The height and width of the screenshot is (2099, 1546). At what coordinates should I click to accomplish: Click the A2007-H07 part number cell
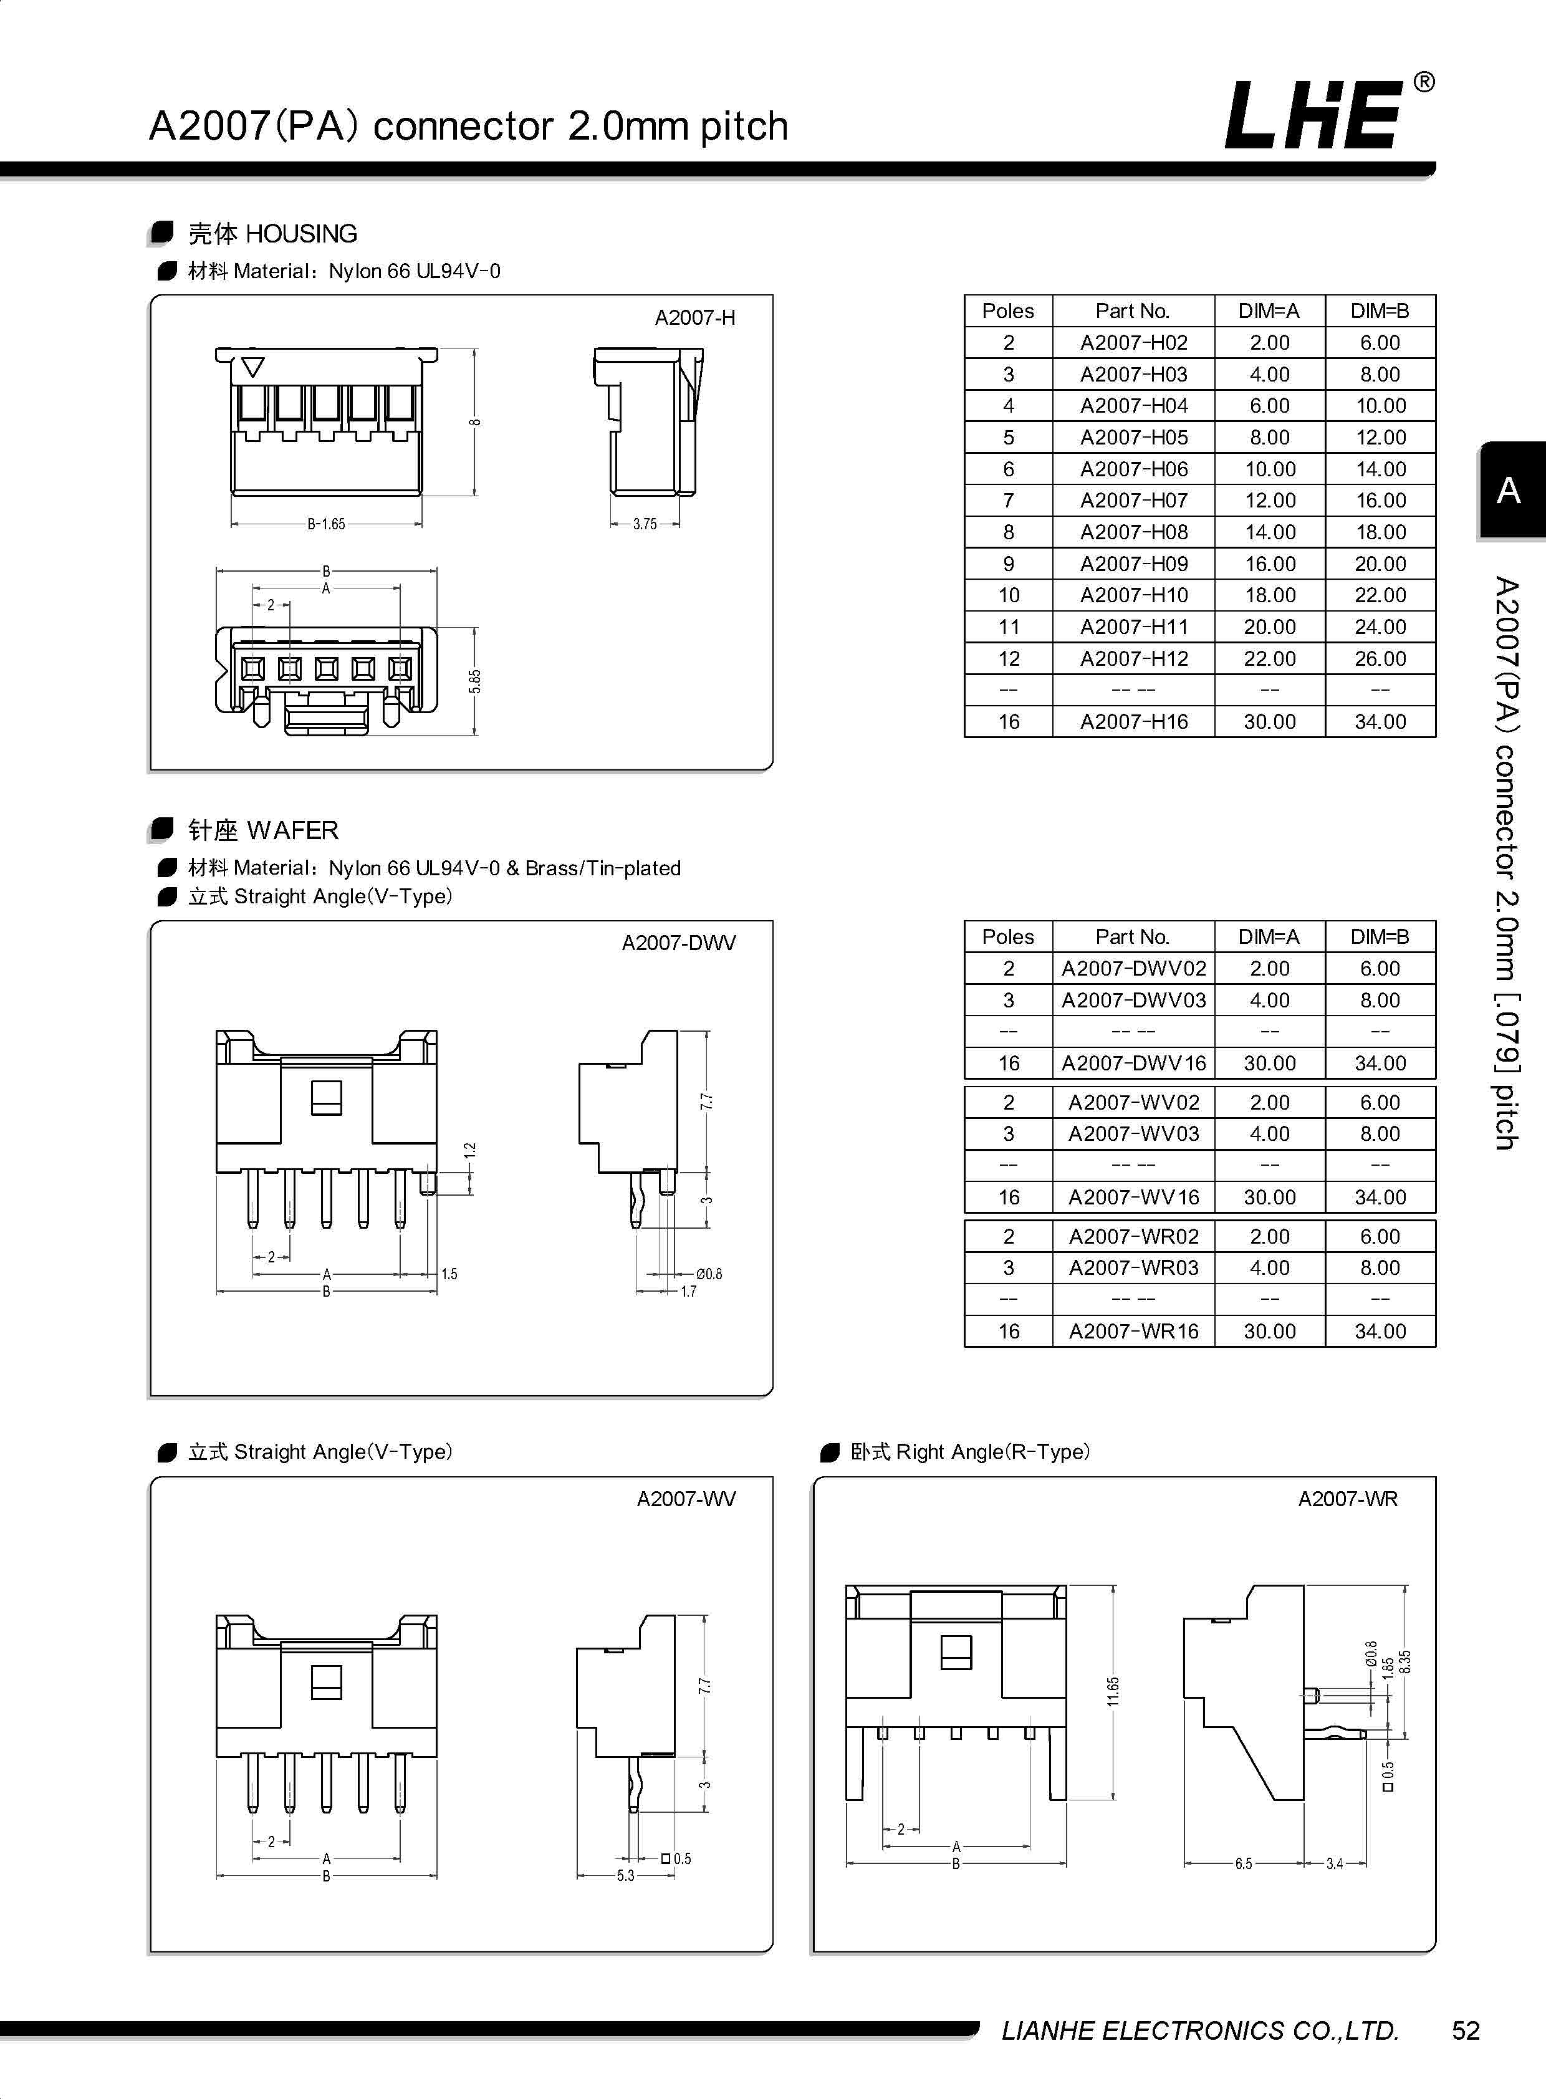tap(1133, 501)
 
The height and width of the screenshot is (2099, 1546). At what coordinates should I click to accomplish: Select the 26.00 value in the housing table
tap(1380, 659)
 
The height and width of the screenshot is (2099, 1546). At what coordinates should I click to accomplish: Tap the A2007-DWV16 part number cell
tap(1133, 1063)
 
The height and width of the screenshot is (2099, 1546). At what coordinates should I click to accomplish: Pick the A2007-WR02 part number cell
tap(1133, 1236)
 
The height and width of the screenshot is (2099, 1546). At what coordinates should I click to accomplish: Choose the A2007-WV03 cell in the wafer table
tap(1133, 1133)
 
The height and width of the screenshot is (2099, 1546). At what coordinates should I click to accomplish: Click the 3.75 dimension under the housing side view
tap(645, 524)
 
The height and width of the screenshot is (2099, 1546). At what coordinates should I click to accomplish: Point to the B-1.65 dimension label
tap(325, 524)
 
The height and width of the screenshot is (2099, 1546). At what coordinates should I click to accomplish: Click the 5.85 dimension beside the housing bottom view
tap(476, 681)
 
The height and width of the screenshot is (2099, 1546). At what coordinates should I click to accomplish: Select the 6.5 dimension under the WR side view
tap(1243, 1863)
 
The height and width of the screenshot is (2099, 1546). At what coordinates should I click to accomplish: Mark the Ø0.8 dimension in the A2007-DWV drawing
tap(708, 1274)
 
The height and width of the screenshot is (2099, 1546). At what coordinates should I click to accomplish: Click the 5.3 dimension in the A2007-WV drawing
tap(625, 1875)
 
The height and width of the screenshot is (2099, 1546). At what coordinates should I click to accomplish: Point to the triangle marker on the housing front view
tap(252, 367)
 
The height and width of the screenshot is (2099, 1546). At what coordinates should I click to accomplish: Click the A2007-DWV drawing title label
tap(678, 943)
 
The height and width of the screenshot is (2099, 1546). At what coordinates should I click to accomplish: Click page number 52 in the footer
tap(1466, 2030)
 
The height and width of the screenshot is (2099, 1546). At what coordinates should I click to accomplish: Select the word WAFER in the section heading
tap(293, 830)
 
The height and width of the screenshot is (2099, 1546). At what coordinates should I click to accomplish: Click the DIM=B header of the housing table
tap(1380, 310)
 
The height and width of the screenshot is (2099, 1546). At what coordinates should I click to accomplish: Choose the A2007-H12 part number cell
tap(1133, 659)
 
